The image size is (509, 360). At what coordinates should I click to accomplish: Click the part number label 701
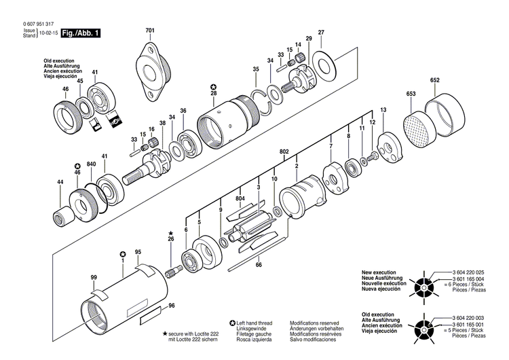point(149,31)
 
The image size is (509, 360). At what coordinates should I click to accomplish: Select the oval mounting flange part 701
point(150,71)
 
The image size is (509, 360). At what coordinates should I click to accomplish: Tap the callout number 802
point(284,151)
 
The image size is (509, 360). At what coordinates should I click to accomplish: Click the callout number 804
point(240,198)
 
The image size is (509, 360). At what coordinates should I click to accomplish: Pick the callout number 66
point(258,265)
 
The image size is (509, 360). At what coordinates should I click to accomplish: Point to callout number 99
point(94,277)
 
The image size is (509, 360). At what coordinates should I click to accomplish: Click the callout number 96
point(172,306)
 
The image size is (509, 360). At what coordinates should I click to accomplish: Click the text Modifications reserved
point(314,323)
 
